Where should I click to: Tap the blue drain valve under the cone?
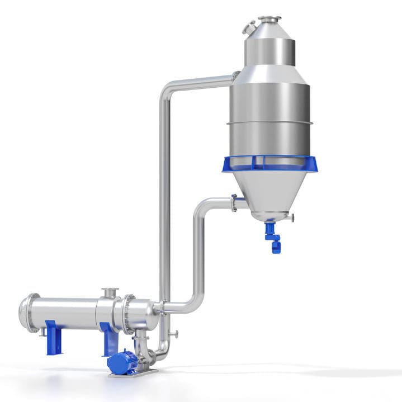[x=273, y=237]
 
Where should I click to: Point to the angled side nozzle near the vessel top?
[x=249, y=27]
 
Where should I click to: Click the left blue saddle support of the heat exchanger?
[x=54, y=337]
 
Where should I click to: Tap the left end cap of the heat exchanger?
[x=25, y=313]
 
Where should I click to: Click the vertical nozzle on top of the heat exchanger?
[x=110, y=294]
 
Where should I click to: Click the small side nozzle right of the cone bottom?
[x=291, y=217]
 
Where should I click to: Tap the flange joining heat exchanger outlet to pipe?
[x=159, y=306]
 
